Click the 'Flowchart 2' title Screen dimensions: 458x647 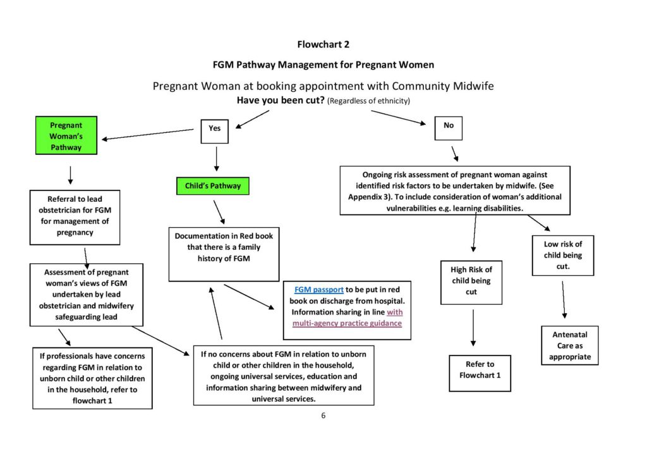[x=323, y=44]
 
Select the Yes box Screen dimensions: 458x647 [x=215, y=128]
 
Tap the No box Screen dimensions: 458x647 [x=449, y=126]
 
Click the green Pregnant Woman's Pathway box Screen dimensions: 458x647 [x=66, y=136]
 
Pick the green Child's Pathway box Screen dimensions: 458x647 [x=213, y=187]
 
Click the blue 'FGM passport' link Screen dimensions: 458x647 [x=319, y=290]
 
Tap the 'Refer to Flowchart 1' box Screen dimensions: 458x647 [x=480, y=373]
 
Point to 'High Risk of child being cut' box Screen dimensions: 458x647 [x=471, y=281]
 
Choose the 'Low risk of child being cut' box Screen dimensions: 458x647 [x=562, y=256]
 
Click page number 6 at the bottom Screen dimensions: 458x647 [x=323, y=416]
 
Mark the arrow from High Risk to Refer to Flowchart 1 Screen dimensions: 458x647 [x=473, y=328]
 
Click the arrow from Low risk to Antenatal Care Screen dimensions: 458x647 [x=564, y=300]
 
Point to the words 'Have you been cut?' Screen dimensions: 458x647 [x=281, y=101]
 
